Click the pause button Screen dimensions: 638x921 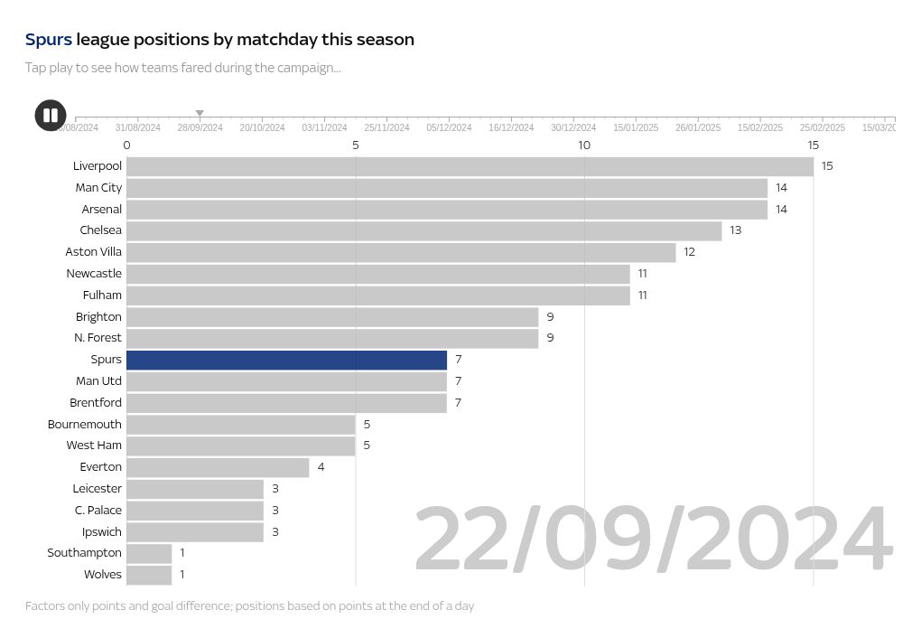tap(51, 116)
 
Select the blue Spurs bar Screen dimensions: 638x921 tap(286, 360)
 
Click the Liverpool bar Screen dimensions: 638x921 tap(470, 166)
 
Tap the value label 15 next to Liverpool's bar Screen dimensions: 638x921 tap(827, 166)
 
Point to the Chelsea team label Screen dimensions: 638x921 tap(100, 230)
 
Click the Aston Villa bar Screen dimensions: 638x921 tap(401, 252)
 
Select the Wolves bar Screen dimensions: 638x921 tap(149, 575)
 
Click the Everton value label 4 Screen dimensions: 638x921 tap(321, 467)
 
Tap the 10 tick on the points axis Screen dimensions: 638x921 tap(584, 145)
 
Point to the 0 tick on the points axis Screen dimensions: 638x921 tap(126, 145)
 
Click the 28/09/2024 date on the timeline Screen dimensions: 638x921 tap(200, 128)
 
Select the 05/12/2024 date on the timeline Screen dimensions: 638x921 tap(449, 128)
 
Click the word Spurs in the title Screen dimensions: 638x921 tap(48, 40)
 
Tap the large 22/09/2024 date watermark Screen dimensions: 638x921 tap(653, 540)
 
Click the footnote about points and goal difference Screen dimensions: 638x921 tap(249, 605)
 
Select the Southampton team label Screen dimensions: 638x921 tap(84, 553)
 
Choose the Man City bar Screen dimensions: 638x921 tap(447, 188)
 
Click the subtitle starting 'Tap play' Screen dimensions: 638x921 tap(182, 68)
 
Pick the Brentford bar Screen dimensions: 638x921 tap(286, 403)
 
